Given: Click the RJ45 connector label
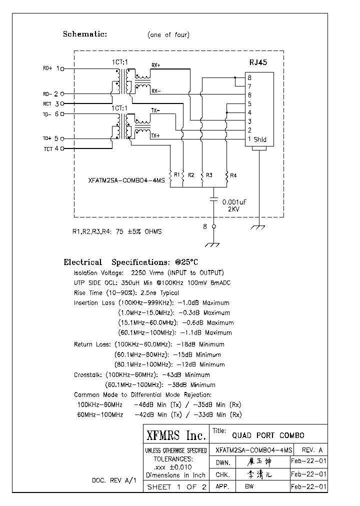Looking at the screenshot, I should tap(258, 63).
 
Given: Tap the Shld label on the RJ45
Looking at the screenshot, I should tap(260, 139).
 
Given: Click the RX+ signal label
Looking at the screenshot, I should tap(156, 65).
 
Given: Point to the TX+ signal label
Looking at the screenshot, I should tap(155, 135).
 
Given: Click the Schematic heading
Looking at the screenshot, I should tap(85, 34).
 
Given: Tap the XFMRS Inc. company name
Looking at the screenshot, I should tap(174, 435).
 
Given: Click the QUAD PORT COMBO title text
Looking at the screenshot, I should tap(265, 435).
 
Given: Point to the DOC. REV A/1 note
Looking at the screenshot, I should tap(114, 480).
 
